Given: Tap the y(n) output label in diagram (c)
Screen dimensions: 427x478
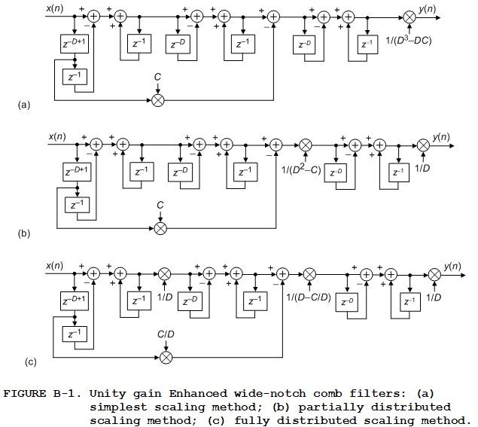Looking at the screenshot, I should click(x=453, y=266).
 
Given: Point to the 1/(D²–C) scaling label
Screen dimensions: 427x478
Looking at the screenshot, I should click(x=303, y=170).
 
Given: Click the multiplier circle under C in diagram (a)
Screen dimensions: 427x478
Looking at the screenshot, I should click(x=159, y=99).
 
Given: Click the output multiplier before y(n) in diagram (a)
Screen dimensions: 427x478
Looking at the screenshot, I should click(x=409, y=15).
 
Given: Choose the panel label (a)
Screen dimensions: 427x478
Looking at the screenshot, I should click(x=23, y=105).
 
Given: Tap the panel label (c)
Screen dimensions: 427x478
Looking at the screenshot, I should click(x=24, y=362).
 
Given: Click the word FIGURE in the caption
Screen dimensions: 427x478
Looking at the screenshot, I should click(x=25, y=393).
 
